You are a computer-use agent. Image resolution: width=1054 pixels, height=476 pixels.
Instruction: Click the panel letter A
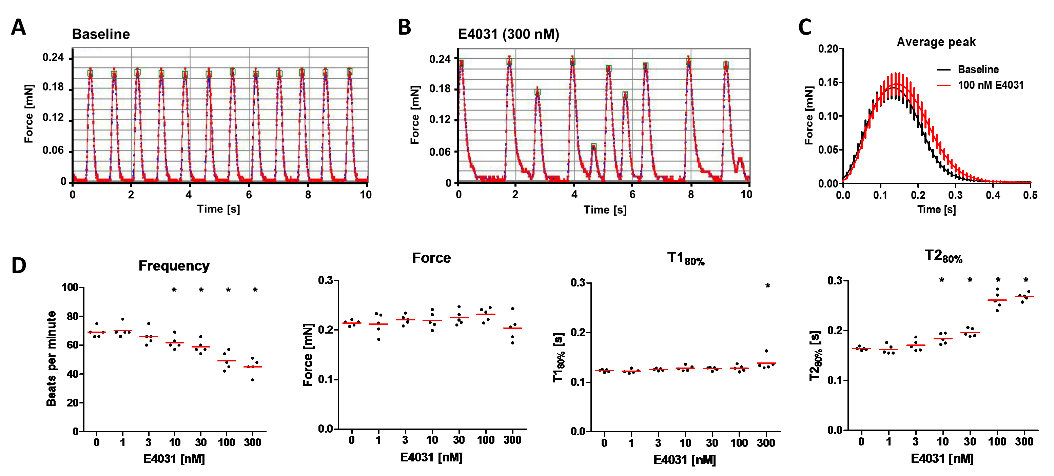point(18,27)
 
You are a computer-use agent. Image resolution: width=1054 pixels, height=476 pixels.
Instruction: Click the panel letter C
point(804,27)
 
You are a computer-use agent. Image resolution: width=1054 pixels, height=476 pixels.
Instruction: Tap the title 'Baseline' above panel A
point(101,34)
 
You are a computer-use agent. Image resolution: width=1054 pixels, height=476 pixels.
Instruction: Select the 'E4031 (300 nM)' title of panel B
point(508,34)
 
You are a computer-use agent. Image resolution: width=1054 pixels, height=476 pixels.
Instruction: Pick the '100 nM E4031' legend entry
point(990,85)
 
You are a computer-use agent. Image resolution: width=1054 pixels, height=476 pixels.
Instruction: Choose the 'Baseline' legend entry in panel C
point(978,69)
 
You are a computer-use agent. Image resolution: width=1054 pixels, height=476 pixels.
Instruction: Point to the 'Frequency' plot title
point(174,266)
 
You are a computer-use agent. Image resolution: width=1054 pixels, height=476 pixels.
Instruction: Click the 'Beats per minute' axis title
point(51,359)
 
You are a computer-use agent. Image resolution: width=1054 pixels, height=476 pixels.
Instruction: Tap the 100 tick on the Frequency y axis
point(70,287)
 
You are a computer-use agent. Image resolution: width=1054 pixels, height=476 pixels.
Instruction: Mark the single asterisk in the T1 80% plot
point(767,286)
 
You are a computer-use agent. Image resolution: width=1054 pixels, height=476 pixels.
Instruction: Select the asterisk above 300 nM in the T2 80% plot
point(1026,280)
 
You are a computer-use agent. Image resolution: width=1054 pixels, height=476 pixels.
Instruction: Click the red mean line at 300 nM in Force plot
point(512,328)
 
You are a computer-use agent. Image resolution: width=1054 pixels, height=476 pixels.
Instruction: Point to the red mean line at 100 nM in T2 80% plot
point(997,300)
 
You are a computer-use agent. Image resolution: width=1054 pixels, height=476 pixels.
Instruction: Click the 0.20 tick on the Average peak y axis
point(827,49)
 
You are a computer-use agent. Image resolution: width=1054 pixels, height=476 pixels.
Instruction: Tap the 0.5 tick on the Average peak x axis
point(1030,195)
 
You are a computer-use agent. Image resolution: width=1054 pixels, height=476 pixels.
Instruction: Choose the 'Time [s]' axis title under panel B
point(605,210)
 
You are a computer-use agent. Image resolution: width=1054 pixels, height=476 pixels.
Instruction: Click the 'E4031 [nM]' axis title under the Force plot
point(431,457)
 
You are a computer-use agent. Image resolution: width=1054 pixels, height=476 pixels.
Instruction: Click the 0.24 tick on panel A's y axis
point(53,57)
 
